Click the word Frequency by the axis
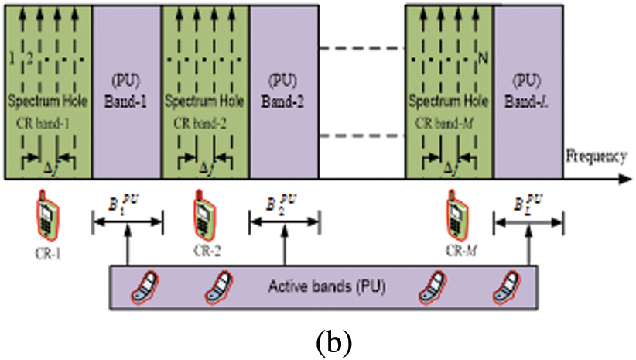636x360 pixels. pyautogui.click(x=595, y=156)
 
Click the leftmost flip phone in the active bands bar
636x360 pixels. pyautogui.click(x=148, y=288)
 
